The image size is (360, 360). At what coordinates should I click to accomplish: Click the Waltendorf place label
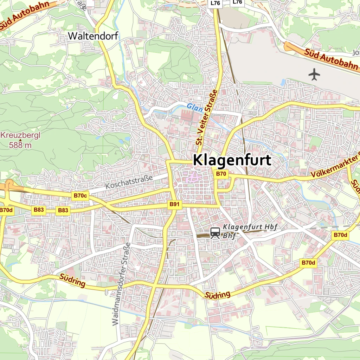93,36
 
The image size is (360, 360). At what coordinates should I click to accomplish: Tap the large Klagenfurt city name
232,160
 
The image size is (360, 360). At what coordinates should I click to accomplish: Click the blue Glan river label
195,107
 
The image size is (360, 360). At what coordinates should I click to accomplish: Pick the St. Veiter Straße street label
206,117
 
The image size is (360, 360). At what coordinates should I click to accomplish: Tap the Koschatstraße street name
129,181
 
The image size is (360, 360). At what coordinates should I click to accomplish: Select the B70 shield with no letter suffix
221,174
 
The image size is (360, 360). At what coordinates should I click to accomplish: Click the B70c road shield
80,195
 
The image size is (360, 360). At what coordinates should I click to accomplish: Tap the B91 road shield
174,204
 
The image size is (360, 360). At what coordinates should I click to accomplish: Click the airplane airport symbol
314,75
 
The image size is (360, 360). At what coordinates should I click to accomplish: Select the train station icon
215,232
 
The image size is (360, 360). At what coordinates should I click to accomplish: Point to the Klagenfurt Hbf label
250,227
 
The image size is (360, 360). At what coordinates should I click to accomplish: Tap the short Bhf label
229,236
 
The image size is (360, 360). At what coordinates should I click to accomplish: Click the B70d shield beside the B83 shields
6,210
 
